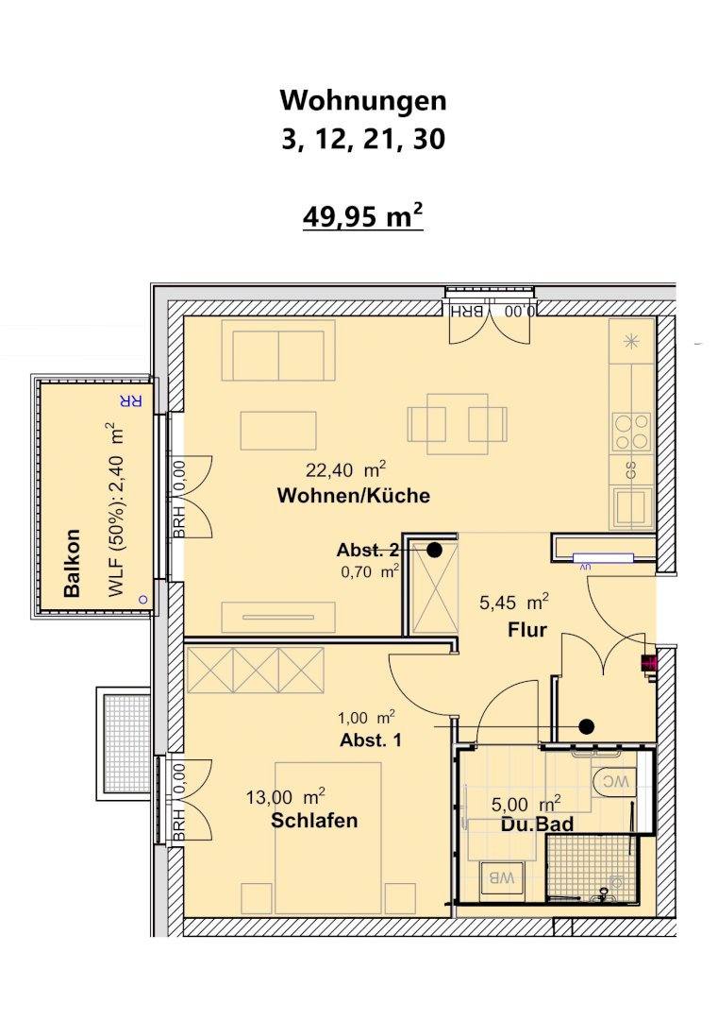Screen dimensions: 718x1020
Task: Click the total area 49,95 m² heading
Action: [362, 216]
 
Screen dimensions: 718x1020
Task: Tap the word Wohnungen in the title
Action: [363, 100]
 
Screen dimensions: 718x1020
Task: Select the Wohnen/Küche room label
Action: [354, 496]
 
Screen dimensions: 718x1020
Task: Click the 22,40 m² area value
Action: [345, 469]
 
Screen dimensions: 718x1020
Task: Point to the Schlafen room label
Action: [314, 821]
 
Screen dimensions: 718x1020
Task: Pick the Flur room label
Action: [527, 630]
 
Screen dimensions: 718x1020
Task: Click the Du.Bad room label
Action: [538, 824]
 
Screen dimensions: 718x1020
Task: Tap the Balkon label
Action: [72, 563]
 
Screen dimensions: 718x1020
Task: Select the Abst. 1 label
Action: [371, 739]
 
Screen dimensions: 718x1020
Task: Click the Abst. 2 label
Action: [367, 551]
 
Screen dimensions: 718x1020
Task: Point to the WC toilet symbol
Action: [613, 781]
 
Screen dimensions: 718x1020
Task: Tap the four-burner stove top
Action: [631, 433]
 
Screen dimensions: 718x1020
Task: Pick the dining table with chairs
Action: [458, 424]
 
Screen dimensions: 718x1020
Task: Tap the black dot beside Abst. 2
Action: [434, 551]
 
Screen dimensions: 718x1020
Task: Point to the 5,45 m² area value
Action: [513, 603]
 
